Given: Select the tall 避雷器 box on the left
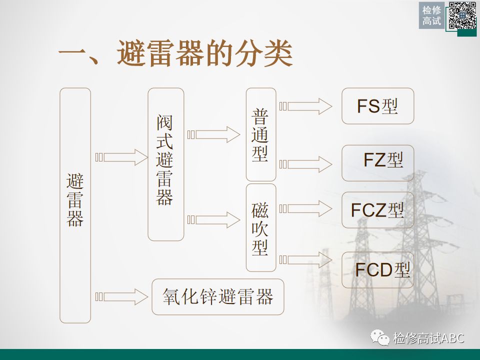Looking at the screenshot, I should point(75,205).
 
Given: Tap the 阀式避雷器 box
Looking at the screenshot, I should point(165,164).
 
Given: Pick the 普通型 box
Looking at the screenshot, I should point(261,134).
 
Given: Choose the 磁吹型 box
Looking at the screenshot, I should point(261,227).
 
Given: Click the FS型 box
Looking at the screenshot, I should point(377,106).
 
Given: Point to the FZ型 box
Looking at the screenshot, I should point(377,163).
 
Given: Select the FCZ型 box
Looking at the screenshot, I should point(377,210).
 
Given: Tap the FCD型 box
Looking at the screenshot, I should point(377,270).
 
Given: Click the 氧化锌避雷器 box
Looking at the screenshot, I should point(218,296).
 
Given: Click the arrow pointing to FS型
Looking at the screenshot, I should point(306,106).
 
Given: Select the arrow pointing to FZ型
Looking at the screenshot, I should point(306,164).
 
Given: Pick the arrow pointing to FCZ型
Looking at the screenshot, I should point(306,207).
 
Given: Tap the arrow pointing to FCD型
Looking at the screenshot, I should point(306,259).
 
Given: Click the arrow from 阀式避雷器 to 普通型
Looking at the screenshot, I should point(214,134).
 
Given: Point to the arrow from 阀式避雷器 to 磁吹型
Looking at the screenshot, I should point(214,219).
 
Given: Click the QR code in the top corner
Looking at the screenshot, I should point(461,15).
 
